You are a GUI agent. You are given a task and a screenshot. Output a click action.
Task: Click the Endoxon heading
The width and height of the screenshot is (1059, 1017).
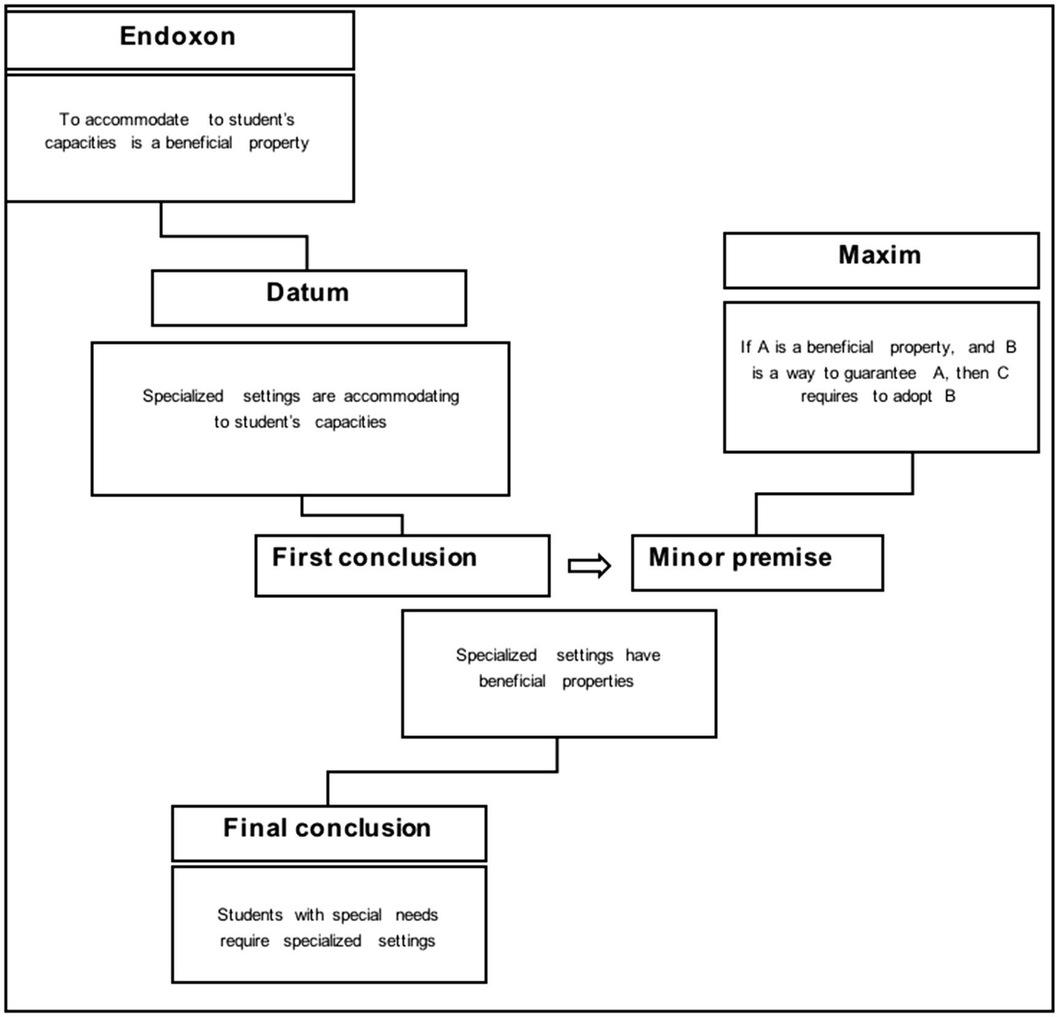178,36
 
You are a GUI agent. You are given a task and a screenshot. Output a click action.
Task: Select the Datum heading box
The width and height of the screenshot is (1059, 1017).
308,297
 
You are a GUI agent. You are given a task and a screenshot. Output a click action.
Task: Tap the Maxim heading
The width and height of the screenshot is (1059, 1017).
880,255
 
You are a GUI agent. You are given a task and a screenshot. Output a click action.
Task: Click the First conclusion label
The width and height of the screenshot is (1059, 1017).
374,558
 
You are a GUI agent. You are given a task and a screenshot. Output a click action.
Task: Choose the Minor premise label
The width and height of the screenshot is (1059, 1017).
740,558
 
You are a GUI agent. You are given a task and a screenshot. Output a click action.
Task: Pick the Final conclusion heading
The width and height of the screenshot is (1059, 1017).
327,828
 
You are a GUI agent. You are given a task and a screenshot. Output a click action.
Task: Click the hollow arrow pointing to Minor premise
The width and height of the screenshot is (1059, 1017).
589,565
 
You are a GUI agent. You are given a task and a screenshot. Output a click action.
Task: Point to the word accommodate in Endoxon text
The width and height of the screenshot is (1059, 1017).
136,119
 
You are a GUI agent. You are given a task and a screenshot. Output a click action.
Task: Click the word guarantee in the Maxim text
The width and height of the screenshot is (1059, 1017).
880,373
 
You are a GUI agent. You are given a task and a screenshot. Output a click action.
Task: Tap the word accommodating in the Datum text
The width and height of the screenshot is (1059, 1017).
401,396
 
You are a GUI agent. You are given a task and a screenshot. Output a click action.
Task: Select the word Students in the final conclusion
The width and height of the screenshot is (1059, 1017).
249,915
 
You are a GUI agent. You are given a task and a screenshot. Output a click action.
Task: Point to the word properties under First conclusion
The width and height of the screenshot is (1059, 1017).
598,681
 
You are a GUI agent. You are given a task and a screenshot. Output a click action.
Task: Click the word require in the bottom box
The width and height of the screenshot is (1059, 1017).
244,941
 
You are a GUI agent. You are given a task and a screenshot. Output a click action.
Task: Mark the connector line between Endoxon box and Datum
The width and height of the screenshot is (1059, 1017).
233,235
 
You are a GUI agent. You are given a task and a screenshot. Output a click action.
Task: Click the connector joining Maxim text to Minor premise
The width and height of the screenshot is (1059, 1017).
834,493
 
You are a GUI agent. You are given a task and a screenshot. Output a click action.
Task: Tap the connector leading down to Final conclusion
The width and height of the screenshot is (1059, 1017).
442,772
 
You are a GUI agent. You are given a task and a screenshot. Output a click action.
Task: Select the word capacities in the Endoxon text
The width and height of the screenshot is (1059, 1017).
80,143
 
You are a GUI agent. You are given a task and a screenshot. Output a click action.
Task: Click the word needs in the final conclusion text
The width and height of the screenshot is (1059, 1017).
416,915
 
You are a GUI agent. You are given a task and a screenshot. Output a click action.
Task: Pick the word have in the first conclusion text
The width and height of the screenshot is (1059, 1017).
643,655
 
